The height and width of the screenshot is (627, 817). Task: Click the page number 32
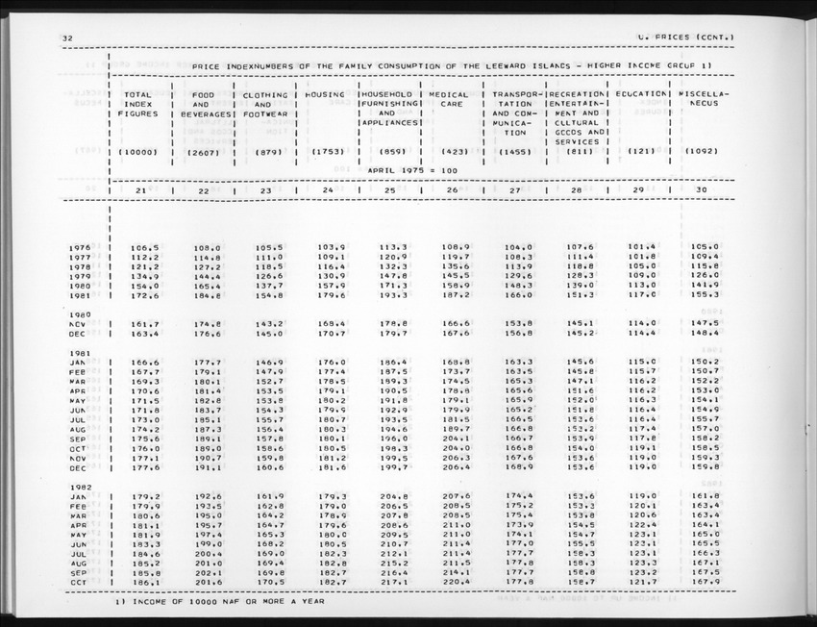coord(66,38)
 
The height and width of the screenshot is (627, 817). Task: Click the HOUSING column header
coord(331,95)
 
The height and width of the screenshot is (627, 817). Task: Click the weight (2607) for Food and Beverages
coord(204,152)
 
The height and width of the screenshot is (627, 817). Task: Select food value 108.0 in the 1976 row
coord(207,247)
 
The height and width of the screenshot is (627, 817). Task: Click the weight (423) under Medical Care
coord(453,152)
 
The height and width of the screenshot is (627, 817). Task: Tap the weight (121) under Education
coord(641,152)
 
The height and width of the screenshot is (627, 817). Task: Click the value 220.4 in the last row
coord(456,582)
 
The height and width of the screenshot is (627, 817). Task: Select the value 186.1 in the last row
coord(144,582)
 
